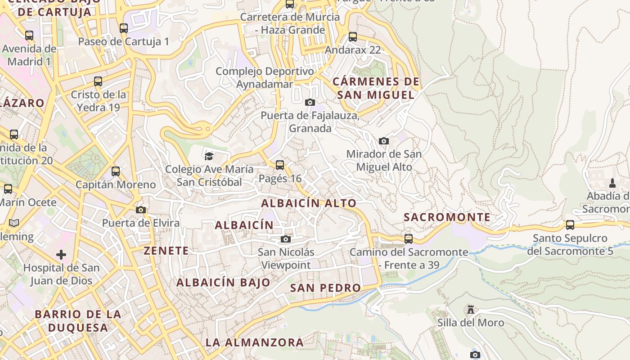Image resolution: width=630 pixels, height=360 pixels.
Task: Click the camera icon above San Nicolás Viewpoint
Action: [x=286, y=239]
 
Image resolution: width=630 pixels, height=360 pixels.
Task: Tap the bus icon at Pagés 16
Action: [x=280, y=165]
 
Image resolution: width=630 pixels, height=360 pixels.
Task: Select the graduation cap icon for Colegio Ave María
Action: [x=209, y=156]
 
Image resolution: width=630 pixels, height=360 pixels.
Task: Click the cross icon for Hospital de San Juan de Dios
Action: [x=61, y=255]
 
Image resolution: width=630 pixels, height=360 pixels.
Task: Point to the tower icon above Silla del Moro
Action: [x=471, y=310]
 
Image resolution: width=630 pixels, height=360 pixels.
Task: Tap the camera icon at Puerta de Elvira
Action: [x=140, y=210]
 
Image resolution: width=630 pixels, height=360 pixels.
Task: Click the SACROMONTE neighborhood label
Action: [x=447, y=217]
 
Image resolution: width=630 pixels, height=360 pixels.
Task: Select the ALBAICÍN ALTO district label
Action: [x=309, y=203]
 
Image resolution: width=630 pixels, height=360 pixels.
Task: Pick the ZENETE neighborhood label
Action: [x=166, y=251]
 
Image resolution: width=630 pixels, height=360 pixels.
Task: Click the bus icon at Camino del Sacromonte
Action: [x=409, y=238]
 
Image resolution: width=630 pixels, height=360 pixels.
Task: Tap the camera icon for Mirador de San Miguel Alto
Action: [x=384, y=141]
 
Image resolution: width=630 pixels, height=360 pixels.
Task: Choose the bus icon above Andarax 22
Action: [x=353, y=37]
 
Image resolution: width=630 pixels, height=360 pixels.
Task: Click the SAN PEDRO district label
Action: [x=325, y=288]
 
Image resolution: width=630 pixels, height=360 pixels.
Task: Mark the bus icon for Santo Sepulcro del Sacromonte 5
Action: [x=570, y=225]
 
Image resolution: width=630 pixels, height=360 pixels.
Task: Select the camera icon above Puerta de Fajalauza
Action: [x=310, y=102]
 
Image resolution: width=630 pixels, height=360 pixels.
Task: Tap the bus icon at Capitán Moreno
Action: [x=116, y=171]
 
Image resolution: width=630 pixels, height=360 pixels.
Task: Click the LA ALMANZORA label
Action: [x=255, y=342]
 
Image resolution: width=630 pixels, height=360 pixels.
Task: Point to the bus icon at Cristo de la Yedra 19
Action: [x=98, y=81]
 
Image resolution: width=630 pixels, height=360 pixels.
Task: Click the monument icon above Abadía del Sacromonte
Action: [x=612, y=183]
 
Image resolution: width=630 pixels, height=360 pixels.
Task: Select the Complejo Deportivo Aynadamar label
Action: [x=265, y=78]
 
